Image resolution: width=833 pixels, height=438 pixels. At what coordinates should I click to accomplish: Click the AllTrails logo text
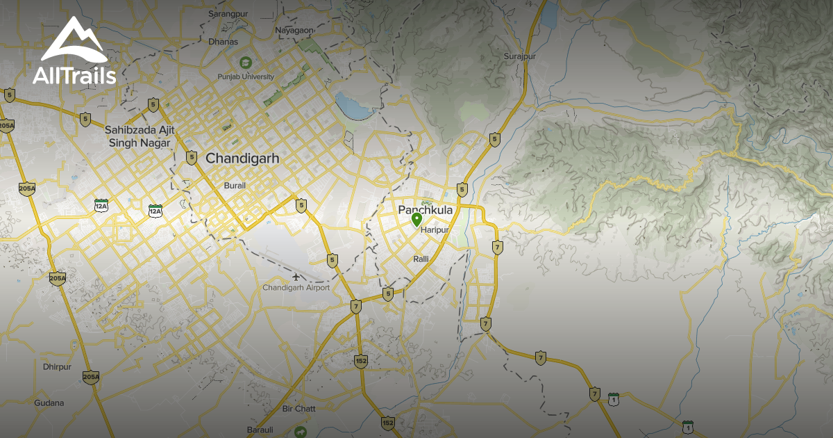click(74, 76)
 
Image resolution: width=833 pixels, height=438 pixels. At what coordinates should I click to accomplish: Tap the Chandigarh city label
click(242, 159)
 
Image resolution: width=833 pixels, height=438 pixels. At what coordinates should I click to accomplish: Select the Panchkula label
click(425, 210)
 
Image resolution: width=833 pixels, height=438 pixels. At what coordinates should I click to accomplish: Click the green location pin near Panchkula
click(416, 220)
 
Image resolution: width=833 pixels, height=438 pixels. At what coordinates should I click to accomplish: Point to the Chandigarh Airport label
click(296, 287)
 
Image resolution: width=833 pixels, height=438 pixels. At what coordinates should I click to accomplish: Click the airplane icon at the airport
click(296, 277)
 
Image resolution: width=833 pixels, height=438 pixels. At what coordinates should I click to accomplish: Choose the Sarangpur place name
click(229, 13)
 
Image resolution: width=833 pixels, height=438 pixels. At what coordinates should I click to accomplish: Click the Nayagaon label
click(294, 31)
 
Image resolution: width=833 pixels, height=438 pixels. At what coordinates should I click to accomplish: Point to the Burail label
click(235, 186)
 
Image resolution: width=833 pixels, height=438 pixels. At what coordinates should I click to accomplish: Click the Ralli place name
click(421, 259)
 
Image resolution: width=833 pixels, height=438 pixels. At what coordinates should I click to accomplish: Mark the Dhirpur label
click(57, 366)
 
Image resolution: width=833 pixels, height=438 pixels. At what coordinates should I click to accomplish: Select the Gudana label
click(49, 403)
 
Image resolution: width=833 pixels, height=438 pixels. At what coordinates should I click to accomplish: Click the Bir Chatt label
click(298, 409)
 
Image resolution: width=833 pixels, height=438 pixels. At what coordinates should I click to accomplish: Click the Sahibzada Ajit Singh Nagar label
click(137, 136)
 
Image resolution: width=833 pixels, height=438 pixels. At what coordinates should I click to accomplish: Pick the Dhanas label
click(223, 42)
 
